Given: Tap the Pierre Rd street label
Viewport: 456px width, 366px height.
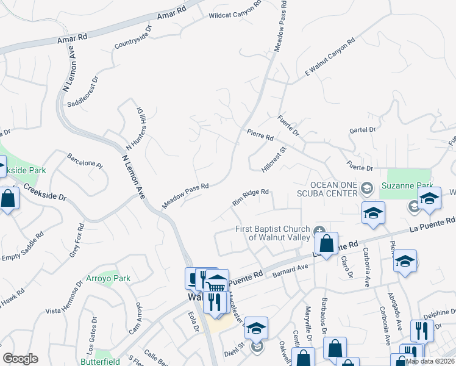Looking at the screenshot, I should coord(260,135).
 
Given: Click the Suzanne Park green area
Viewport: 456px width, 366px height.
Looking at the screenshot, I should coord(405,182).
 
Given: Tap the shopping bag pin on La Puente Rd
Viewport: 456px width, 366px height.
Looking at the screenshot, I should coord(327,243).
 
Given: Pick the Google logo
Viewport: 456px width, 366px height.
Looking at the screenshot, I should coord(20,359).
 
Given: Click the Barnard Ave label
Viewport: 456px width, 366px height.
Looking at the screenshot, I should coord(291,271).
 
